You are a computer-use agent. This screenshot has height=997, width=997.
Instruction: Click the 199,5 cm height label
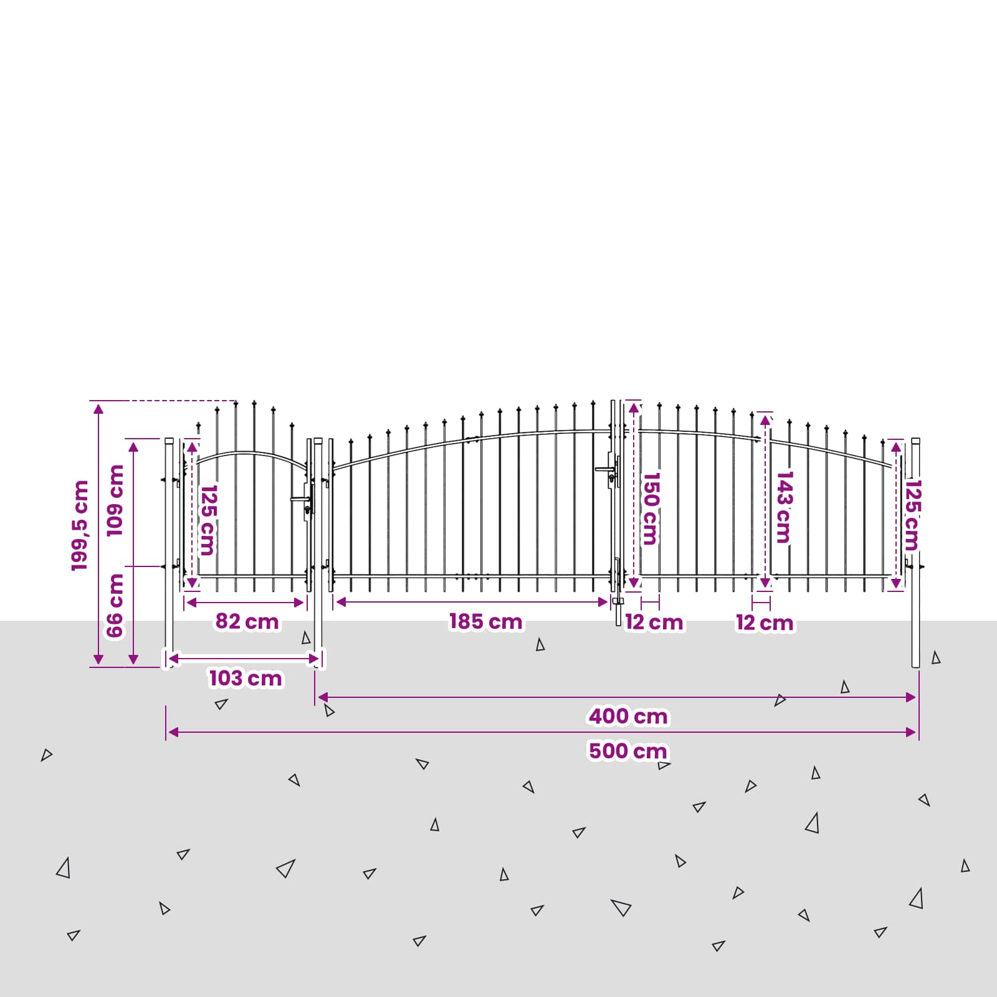80,525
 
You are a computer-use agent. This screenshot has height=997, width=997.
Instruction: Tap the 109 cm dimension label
115,500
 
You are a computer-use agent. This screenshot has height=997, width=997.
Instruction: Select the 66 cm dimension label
115,606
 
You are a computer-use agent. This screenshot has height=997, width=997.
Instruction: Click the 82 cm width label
247,621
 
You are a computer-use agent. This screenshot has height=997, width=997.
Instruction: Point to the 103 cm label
246,678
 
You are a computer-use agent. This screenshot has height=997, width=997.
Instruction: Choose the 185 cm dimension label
486,621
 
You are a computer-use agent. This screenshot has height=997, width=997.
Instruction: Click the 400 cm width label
628,716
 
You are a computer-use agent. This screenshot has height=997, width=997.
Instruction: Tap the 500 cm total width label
628,751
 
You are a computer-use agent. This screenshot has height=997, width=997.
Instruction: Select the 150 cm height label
650,508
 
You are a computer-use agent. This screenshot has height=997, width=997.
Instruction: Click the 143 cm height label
784,507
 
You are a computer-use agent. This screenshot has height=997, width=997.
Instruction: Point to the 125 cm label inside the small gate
208,520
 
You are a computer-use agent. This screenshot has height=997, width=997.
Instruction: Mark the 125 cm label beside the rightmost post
912,515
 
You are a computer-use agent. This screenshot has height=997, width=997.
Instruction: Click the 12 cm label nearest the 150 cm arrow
654,622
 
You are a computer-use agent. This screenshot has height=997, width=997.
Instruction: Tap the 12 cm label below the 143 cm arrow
765,623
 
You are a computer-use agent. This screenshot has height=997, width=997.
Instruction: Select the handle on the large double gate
605,469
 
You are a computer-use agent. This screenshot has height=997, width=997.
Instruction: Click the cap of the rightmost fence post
915,441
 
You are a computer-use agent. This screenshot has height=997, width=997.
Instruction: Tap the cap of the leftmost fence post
169,441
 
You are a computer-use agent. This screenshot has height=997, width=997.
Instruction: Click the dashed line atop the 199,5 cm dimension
163,401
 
